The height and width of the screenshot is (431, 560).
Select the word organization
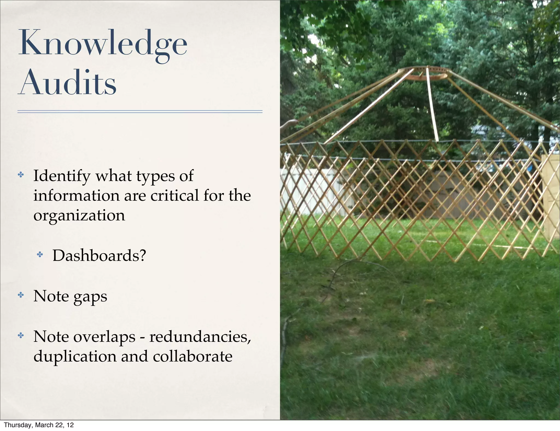79,215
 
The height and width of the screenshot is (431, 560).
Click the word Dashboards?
99,255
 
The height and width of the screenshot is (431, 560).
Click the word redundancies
200,337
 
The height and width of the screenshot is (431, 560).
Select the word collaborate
192,357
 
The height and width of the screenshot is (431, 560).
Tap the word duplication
75,357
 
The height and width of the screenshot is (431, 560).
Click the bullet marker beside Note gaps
21,295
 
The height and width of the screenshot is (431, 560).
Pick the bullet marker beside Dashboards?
40,255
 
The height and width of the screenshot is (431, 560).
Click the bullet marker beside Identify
21,174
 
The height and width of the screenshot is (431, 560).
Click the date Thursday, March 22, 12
39,425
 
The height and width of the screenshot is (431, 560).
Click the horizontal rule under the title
140,112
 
